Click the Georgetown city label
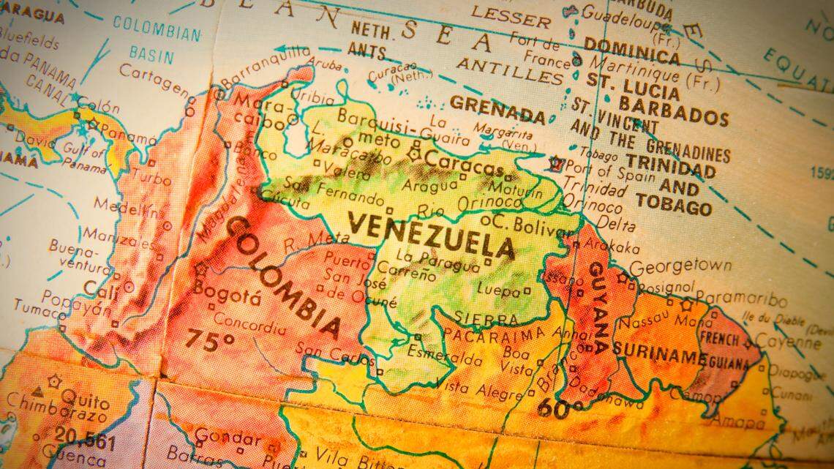click(680, 266)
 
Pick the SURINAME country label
click(658, 351)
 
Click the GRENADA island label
click(497, 110)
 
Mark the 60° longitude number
click(560, 408)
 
